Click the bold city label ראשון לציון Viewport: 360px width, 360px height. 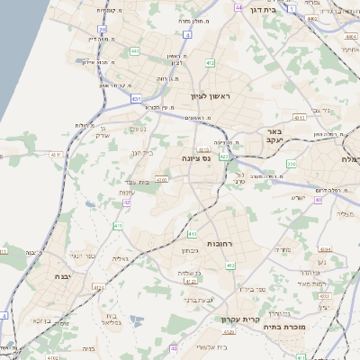point(211,94)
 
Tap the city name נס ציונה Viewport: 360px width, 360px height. point(195,157)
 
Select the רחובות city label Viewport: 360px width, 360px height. point(220,244)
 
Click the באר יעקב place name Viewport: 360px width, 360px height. point(274,135)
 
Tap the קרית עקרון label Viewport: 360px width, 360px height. point(238,319)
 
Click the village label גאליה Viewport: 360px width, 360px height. point(122,258)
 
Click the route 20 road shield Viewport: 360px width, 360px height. point(103,29)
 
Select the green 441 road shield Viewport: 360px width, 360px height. point(133,50)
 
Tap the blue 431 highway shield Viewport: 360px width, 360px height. point(136,98)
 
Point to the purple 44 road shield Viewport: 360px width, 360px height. point(238,6)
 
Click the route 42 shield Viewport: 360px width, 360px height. point(127,203)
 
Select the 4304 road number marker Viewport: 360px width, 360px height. point(325,249)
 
